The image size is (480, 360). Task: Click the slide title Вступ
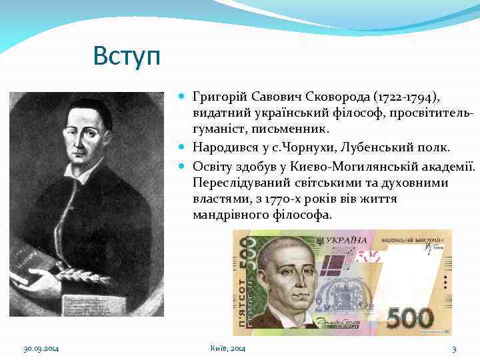click(x=127, y=56)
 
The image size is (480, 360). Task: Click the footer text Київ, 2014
click(x=227, y=349)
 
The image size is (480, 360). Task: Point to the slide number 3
click(x=454, y=349)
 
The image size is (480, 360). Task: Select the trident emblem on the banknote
click(x=321, y=239)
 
